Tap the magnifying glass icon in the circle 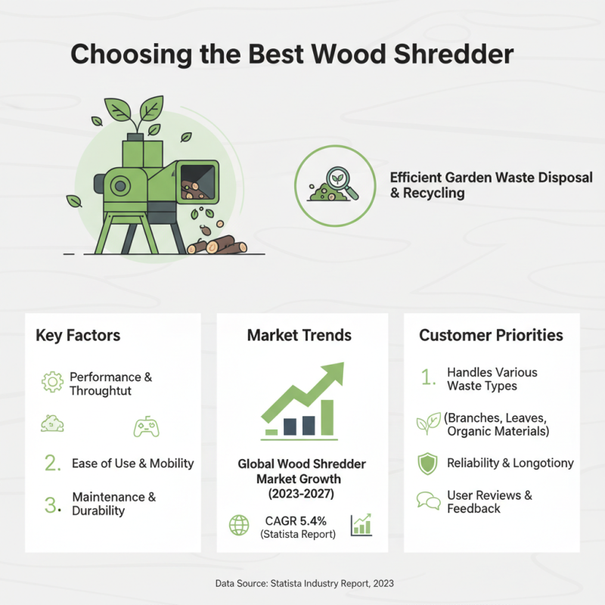[x=343, y=185]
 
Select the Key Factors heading [x=78, y=335]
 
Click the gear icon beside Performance [x=51, y=383]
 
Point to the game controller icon [x=145, y=427]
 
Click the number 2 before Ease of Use [x=52, y=464]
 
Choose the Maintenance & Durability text [x=114, y=504]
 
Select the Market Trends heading [x=299, y=335]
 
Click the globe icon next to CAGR [x=239, y=524]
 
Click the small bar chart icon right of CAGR [x=361, y=524]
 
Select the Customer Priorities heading [x=491, y=335]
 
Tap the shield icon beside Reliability [x=428, y=464]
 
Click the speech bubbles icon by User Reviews [x=428, y=501]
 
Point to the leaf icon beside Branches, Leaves [x=428, y=424]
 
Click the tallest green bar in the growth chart [x=327, y=417]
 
